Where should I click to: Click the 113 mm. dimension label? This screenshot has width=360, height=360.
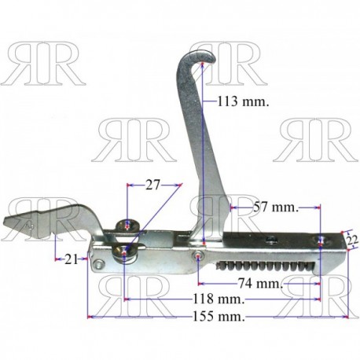244,101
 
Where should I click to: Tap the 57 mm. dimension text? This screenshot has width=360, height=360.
276,208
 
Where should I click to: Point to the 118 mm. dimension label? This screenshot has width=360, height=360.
219,299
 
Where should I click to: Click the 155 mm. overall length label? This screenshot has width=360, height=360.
219,317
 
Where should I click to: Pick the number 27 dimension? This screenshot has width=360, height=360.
152,185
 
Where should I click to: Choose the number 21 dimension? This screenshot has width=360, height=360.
72,259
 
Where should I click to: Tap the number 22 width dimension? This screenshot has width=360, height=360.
352,240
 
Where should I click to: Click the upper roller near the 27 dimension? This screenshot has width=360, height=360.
128,226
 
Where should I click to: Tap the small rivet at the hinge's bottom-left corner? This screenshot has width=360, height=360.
99,264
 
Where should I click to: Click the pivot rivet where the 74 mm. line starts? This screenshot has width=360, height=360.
199,255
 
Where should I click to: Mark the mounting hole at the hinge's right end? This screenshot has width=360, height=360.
321,240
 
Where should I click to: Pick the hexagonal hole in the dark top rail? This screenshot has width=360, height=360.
271,239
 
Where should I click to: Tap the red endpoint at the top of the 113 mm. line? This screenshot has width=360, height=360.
202,64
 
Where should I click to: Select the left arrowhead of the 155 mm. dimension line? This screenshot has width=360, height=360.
90,317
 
